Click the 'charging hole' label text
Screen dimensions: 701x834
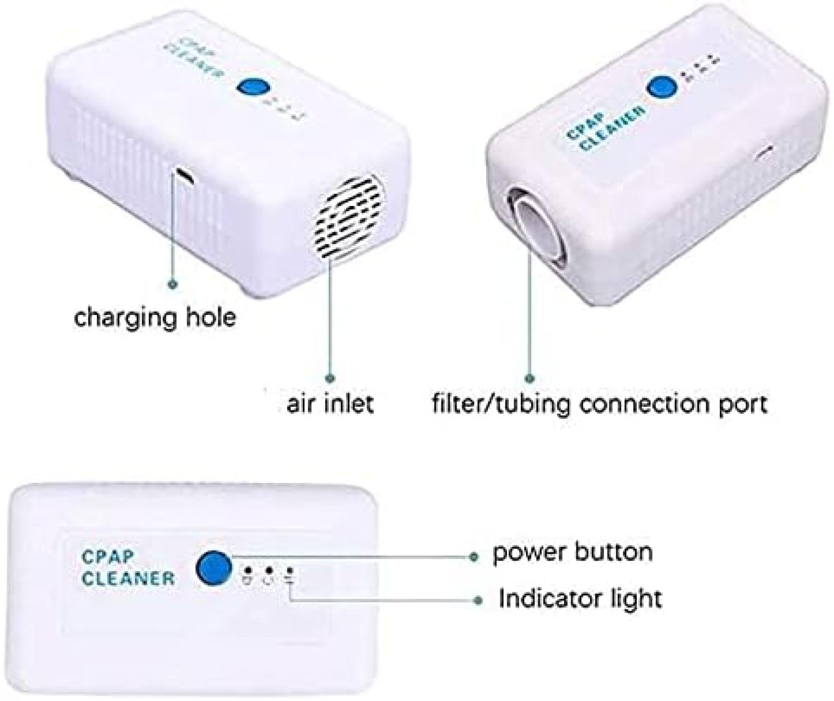click(155, 317)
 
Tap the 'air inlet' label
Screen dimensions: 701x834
click(330, 403)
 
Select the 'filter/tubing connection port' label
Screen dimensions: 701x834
click(600, 403)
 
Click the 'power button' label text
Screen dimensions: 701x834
click(572, 552)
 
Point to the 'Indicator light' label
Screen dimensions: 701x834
click(580, 598)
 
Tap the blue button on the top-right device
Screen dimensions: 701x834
click(662, 87)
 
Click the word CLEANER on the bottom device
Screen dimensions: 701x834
click(128, 578)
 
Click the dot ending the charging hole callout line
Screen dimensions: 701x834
click(174, 285)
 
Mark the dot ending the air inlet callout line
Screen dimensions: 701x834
click(330, 378)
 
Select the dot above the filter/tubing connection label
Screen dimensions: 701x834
click(530, 378)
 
